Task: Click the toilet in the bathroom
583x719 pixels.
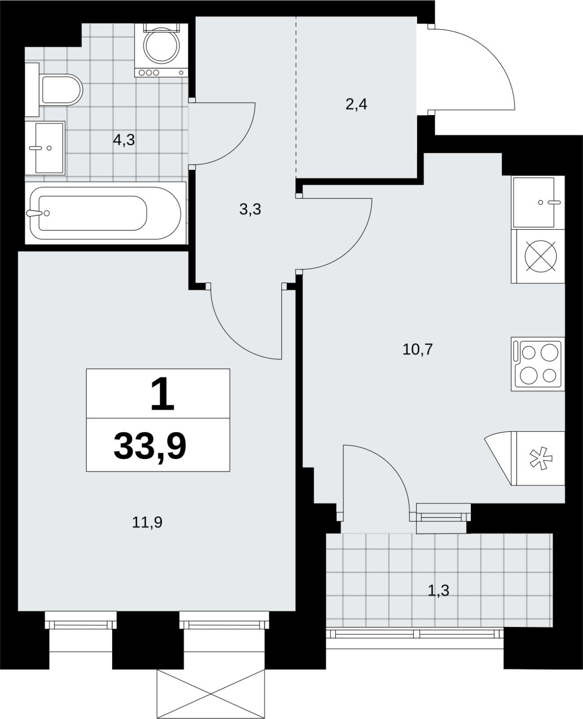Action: pyautogui.click(x=54, y=89)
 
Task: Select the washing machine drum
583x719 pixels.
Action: pyautogui.click(x=161, y=45)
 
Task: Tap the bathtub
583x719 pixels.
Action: pyautogui.click(x=105, y=213)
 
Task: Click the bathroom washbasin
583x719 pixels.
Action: pyautogui.click(x=45, y=148)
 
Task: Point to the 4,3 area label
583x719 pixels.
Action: pyautogui.click(x=124, y=140)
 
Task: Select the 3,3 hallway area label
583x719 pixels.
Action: pyautogui.click(x=250, y=209)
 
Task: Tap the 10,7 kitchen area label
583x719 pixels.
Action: pyautogui.click(x=417, y=349)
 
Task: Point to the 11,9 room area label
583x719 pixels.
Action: pyautogui.click(x=147, y=522)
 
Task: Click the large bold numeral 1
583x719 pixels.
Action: pyautogui.click(x=162, y=394)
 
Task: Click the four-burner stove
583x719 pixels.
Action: pyautogui.click(x=538, y=364)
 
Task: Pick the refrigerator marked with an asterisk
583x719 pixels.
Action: pyautogui.click(x=525, y=458)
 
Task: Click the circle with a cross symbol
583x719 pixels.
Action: pyautogui.click(x=540, y=256)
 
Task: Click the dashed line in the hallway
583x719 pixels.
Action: pyautogui.click(x=296, y=97)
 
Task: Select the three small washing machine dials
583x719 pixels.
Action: pyautogui.click(x=149, y=72)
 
